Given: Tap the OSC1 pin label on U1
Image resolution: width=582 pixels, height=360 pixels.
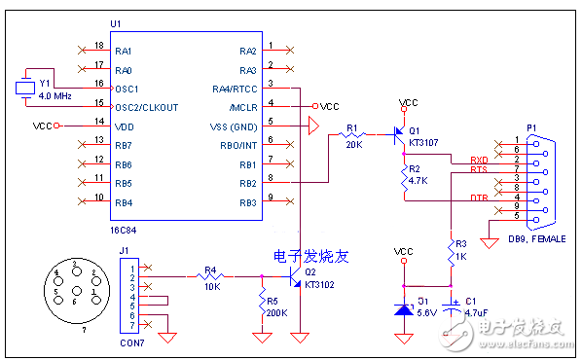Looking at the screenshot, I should click(x=127, y=88).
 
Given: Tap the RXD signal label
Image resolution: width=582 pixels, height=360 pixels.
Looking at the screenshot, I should click(x=479, y=161).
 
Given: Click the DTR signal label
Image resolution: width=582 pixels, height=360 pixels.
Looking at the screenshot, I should click(x=479, y=198).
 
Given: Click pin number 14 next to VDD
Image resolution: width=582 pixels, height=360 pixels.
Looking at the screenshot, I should click(x=98, y=122).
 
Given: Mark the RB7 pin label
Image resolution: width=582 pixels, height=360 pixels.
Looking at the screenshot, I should click(x=124, y=144).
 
